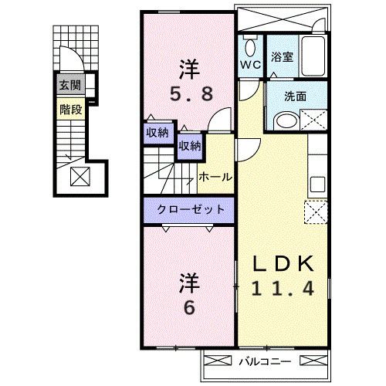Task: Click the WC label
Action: click(249, 65)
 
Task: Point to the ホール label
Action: click(215, 177)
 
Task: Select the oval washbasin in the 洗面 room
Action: click(285, 120)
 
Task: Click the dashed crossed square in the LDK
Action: click(317, 211)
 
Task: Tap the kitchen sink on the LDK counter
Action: click(317, 185)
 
